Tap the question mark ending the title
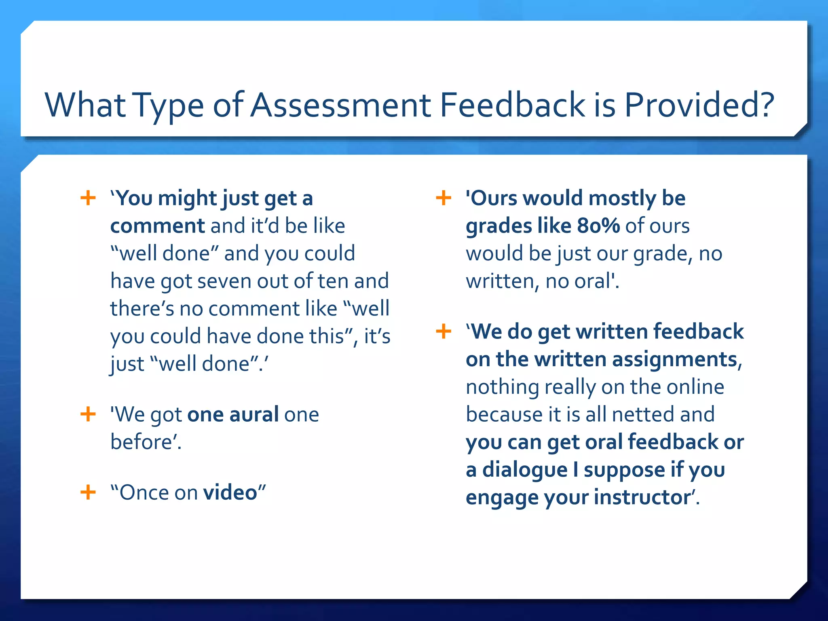click(x=764, y=105)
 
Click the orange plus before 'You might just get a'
click(x=88, y=198)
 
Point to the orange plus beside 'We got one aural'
click(x=88, y=414)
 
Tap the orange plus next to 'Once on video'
click(x=88, y=492)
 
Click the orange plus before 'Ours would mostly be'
click(x=444, y=198)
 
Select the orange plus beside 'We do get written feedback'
click(x=444, y=332)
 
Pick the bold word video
click(x=230, y=492)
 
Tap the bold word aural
click(x=254, y=414)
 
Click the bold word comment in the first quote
click(x=158, y=226)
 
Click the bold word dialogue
click(x=525, y=470)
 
